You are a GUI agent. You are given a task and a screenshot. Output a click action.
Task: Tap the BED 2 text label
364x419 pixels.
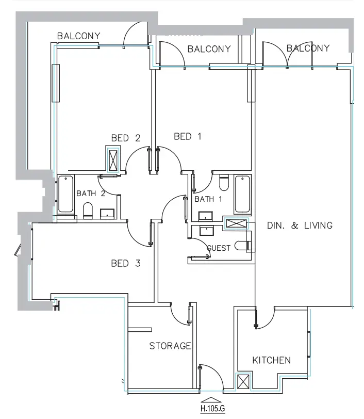126,138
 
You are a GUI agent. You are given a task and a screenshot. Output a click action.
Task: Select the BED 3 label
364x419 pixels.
126,264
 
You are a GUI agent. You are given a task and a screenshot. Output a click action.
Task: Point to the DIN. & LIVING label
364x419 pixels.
300,225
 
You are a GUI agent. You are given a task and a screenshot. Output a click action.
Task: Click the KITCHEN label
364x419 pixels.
271,360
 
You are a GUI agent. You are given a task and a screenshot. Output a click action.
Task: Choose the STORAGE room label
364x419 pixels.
170,346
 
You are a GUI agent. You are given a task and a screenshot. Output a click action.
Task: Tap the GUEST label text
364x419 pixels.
219,248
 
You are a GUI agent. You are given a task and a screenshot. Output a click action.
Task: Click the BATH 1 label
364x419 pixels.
208,199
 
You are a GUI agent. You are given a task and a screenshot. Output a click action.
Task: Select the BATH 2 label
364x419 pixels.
91,194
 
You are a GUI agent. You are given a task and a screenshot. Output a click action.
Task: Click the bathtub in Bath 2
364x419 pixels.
65,195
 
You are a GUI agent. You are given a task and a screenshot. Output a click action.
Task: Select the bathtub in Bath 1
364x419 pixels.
242,195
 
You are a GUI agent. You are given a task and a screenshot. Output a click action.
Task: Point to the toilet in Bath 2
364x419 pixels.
88,210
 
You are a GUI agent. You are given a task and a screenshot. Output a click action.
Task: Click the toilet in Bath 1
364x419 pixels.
224,183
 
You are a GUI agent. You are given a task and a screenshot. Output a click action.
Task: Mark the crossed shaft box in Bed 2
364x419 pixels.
113,159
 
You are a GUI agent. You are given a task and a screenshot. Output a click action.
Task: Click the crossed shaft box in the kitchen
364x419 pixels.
242,382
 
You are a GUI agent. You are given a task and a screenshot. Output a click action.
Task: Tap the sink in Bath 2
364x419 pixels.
107,213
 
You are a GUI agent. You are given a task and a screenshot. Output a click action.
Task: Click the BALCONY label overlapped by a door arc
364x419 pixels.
308,49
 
